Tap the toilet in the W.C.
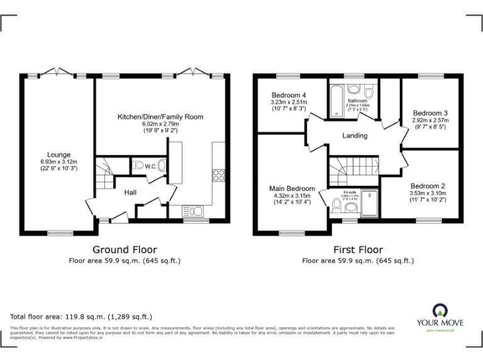162,167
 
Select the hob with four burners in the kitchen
219,175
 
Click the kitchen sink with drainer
191,210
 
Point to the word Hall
131,192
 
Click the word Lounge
58,155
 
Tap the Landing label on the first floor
355,136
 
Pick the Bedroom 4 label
288,96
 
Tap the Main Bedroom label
292,189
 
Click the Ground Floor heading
125,250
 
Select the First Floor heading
357,250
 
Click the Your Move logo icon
438,310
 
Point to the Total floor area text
81,317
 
